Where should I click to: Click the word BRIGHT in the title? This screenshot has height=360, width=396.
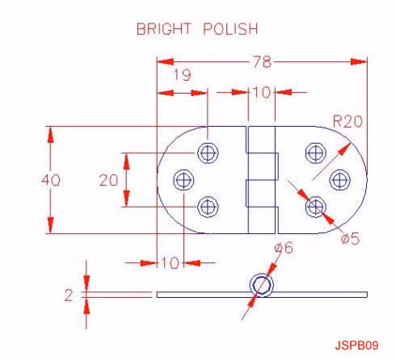(x=164, y=28)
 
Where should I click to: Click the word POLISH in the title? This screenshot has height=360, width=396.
(x=230, y=28)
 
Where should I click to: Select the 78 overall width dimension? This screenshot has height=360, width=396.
(x=262, y=62)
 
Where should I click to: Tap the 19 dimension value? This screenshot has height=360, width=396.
(x=183, y=75)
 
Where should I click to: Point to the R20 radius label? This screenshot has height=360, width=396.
(x=348, y=121)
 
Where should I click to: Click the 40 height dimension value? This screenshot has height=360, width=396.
(x=51, y=180)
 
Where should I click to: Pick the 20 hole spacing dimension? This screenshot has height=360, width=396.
(x=108, y=180)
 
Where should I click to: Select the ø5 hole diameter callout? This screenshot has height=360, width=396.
(x=350, y=238)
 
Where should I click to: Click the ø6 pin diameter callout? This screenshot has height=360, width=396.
(x=284, y=248)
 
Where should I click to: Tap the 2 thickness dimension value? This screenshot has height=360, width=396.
(x=69, y=295)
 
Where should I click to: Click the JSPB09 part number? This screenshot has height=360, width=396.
(x=356, y=345)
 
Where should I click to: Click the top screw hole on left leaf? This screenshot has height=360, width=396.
(x=208, y=153)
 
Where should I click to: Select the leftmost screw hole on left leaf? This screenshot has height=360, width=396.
(x=183, y=180)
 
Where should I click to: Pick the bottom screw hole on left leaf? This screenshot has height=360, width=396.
(x=208, y=207)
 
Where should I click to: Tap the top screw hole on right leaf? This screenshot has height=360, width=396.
(x=316, y=153)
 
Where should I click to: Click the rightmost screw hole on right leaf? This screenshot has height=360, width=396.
(x=340, y=180)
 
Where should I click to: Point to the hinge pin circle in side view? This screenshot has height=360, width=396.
(x=261, y=285)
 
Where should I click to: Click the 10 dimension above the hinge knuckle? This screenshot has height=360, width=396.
(x=261, y=93)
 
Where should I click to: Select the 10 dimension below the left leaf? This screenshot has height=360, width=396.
(x=170, y=262)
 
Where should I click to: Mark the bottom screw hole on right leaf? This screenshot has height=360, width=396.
(x=316, y=207)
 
